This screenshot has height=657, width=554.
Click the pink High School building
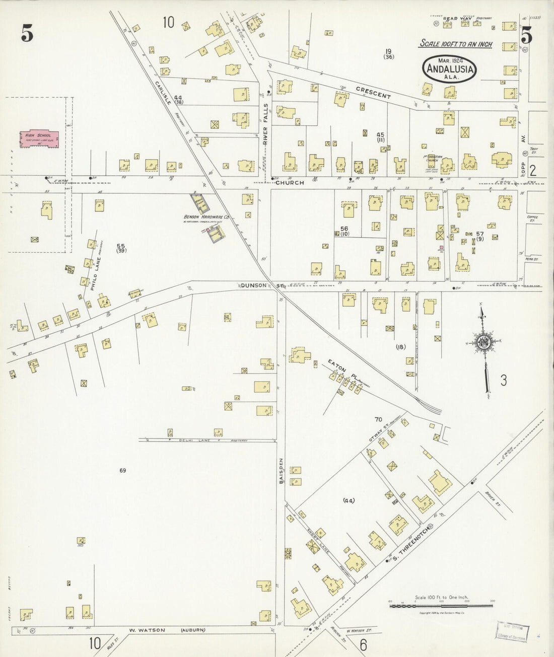pyautogui.click(x=39, y=139)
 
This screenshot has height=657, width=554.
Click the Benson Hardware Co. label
pyautogui.click(x=206, y=218)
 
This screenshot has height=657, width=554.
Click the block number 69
pyautogui.click(x=122, y=471)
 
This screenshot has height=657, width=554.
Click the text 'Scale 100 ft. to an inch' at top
pyautogui.click(x=455, y=44)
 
